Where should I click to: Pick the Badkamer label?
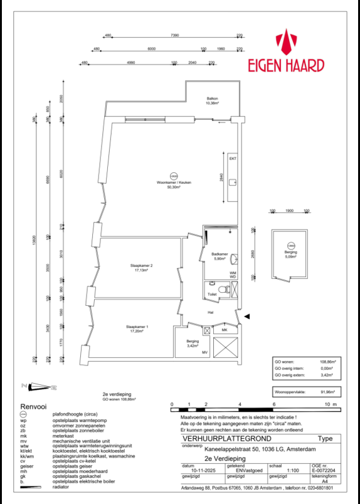pyautogui.click(x=220, y=255)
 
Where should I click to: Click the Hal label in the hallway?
pyautogui.click(x=212, y=312)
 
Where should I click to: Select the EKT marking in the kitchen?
pyautogui.click(x=233, y=159)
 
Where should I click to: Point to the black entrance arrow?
pyautogui.click(x=247, y=317)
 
